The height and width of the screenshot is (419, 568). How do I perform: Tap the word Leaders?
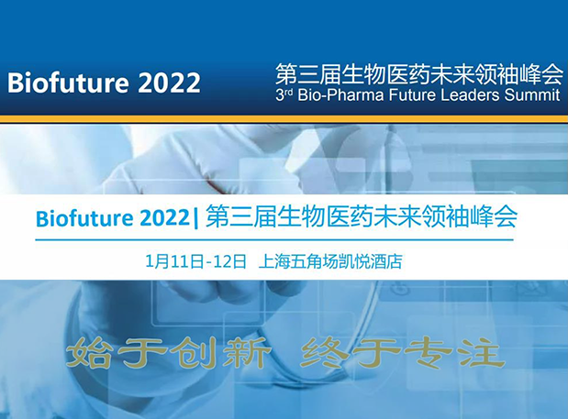point(468,94)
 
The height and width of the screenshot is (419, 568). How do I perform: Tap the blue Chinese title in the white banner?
point(361,218)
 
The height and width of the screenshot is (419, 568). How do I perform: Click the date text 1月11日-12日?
point(195,260)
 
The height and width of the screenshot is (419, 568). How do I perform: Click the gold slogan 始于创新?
point(170,352)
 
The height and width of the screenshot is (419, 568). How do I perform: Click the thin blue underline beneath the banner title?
point(284,240)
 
